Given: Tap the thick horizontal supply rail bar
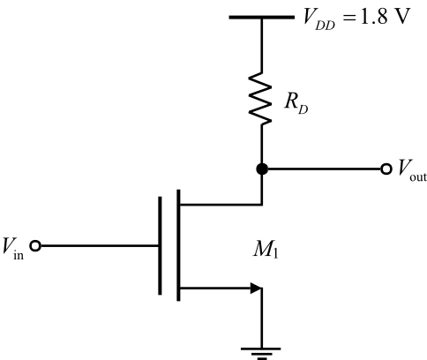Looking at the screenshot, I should [261, 17].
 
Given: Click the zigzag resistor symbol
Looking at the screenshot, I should [261, 98].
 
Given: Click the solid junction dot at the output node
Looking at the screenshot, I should [261, 169].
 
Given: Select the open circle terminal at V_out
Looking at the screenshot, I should [385, 169].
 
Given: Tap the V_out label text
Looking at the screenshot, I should [409, 170].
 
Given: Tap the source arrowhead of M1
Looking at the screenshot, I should [256, 288].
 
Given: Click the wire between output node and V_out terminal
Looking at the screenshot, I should [322, 169].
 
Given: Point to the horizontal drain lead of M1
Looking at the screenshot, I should [221, 203].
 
